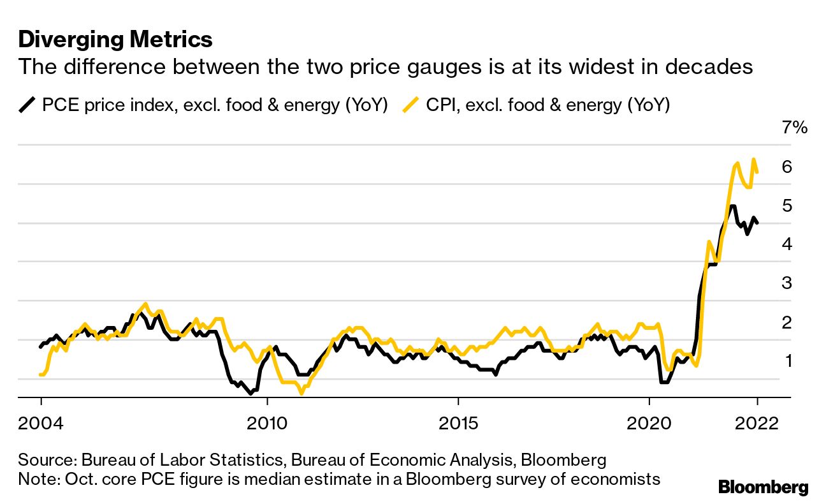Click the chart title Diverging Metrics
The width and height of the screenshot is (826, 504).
tap(115, 40)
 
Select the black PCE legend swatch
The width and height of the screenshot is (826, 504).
tap(27, 105)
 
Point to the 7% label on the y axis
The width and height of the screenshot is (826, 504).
tap(794, 128)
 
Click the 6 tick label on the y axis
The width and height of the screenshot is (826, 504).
tap(787, 167)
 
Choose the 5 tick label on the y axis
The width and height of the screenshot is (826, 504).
tap(787, 206)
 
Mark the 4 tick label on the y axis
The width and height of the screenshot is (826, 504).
tap(787, 244)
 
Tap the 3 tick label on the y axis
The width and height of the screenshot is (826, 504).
tap(787, 283)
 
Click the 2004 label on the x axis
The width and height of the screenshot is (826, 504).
tap(41, 424)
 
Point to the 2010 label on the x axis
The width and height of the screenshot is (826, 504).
tap(267, 424)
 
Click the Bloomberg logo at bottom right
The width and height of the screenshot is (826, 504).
tap(763, 487)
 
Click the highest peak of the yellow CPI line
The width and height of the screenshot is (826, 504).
tap(754, 159)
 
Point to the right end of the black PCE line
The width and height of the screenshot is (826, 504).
tap(757, 223)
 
